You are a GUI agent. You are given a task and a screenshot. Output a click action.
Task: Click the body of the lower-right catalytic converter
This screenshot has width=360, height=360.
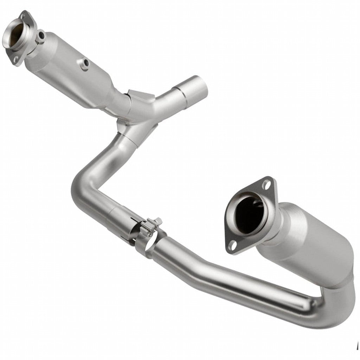[x=309, y=243]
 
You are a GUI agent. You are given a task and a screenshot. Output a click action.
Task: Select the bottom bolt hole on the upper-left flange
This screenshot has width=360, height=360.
[x=15, y=60]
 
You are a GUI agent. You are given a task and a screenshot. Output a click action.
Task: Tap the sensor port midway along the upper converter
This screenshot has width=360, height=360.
[x=85, y=63]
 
